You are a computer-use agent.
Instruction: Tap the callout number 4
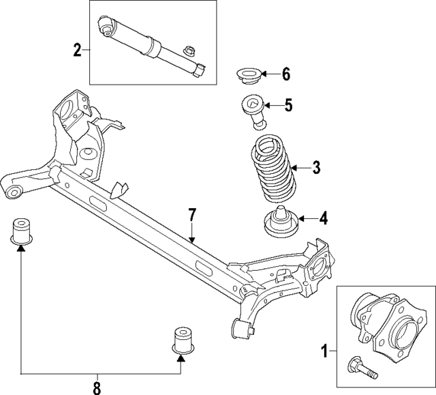(324, 219)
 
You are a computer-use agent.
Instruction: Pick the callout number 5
(289, 105)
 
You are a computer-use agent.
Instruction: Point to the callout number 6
(286, 74)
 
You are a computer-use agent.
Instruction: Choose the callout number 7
(193, 215)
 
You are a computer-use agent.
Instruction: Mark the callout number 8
(97, 387)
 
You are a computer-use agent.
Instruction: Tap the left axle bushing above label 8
(22, 231)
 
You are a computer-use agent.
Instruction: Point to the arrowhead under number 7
(193, 239)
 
